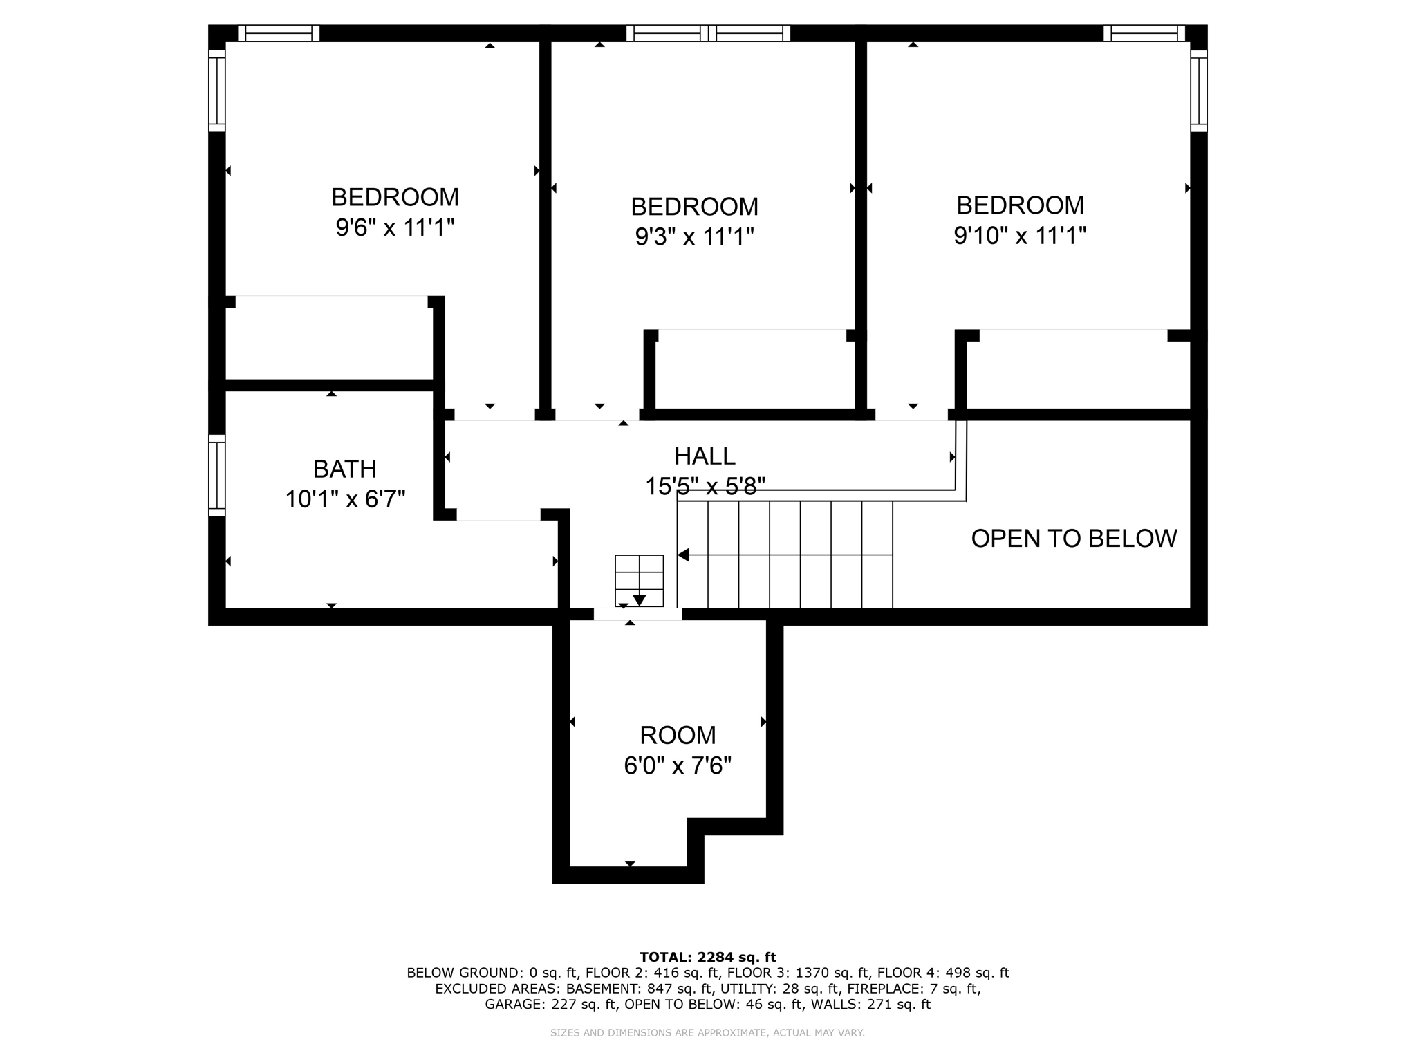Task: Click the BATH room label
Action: (344, 469)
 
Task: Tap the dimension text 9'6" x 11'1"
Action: (395, 227)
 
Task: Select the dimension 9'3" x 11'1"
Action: (694, 237)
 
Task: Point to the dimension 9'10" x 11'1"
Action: (1020, 236)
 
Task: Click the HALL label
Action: (705, 456)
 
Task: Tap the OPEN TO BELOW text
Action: (1073, 539)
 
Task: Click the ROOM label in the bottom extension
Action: (678, 735)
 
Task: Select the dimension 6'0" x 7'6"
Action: (678, 766)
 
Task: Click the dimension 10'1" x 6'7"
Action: (345, 499)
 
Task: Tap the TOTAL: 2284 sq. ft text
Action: (707, 958)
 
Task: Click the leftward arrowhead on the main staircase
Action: (684, 555)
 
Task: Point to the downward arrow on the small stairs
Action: (639, 599)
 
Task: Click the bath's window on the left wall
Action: (217, 475)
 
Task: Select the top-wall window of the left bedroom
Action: (279, 33)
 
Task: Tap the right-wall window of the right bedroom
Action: (1198, 90)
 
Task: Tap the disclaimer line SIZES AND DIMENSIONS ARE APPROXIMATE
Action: (707, 1033)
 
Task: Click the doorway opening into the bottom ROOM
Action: (637, 614)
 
